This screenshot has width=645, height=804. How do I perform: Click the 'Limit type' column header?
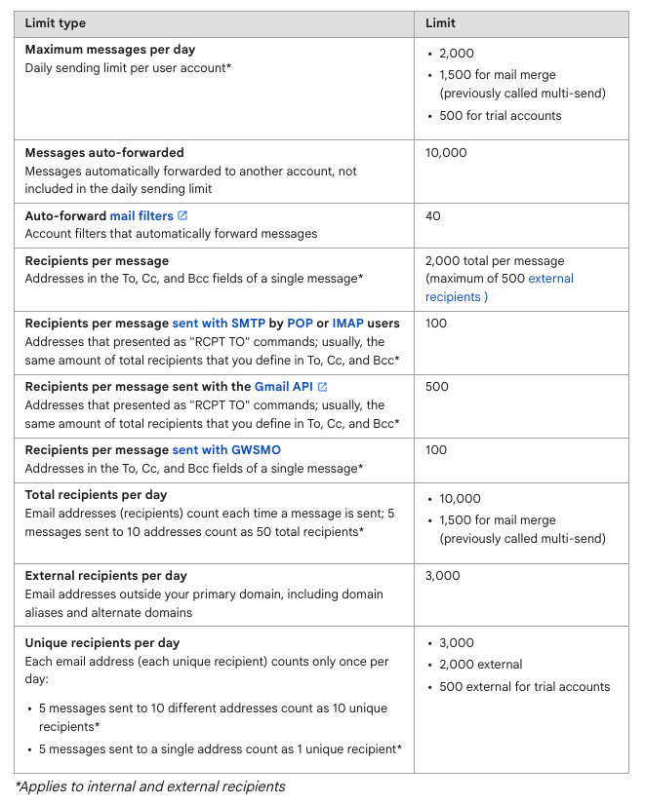[56, 23]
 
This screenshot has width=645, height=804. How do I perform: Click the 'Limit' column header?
[440, 23]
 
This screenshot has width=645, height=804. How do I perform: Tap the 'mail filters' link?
[141, 215]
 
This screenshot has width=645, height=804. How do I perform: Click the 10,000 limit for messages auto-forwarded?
[446, 153]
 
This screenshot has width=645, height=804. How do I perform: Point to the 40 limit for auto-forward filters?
[433, 215]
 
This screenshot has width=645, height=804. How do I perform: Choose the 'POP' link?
[301, 324]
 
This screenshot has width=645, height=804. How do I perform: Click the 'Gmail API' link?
[283, 387]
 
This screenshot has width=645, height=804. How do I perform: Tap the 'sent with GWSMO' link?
[226, 450]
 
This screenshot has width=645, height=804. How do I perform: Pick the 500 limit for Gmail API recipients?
[437, 387]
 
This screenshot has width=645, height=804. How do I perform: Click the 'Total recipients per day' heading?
[96, 495]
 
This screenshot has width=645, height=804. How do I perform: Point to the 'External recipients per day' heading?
[105, 576]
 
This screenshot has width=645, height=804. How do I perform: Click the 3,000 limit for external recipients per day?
[442, 576]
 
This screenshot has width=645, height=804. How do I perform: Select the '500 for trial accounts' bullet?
[501, 116]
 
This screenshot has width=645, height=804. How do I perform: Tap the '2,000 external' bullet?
[481, 665]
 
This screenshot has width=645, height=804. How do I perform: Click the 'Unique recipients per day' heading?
[101, 643]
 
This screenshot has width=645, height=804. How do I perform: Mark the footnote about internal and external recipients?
[149, 786]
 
